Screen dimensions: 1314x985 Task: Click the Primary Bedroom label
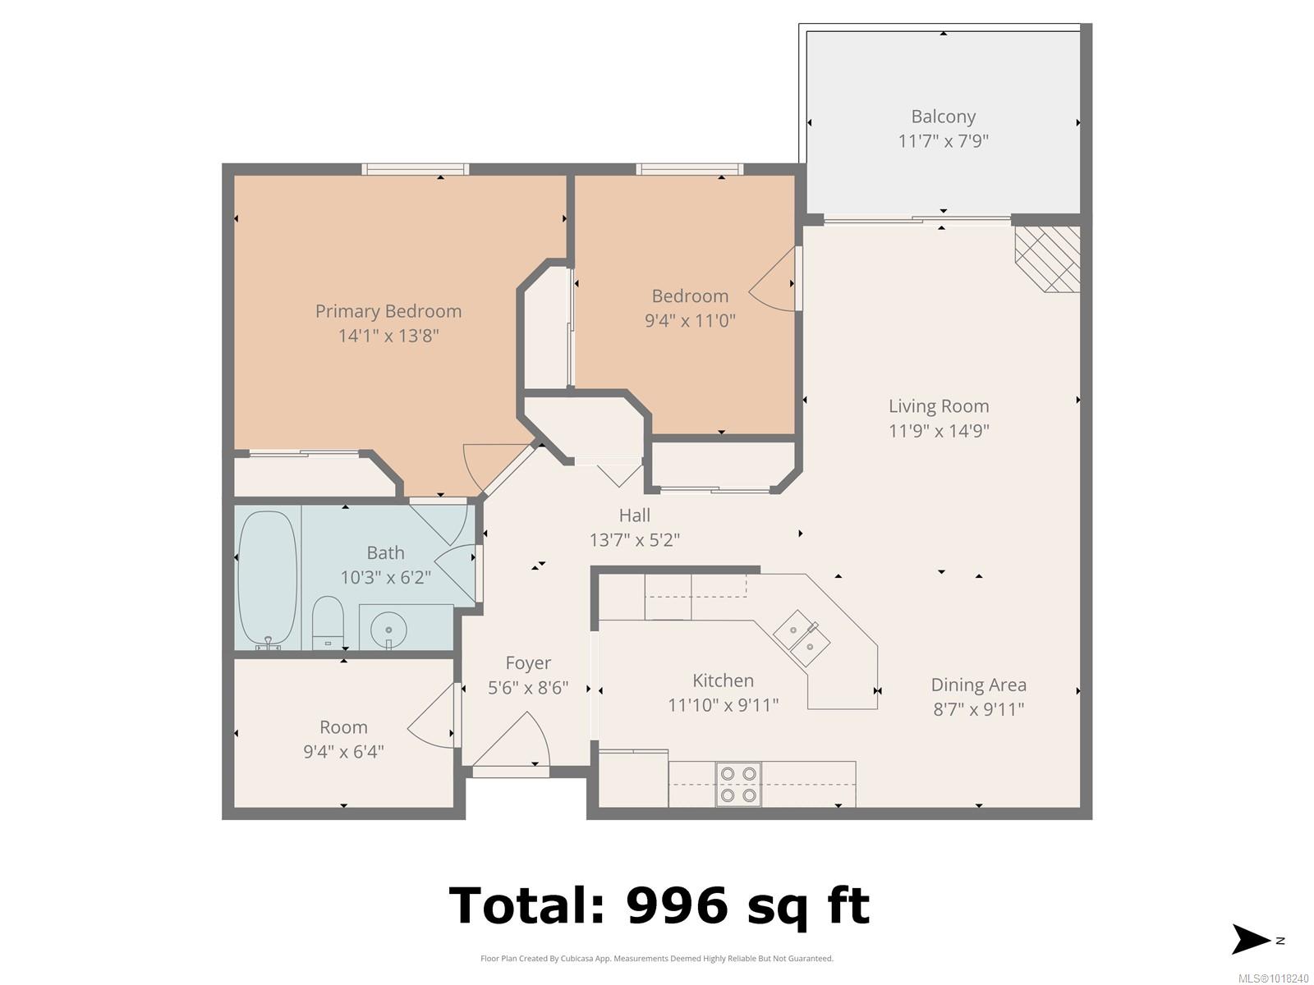[388, 312]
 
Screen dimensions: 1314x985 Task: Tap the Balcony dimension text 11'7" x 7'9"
[943, 141]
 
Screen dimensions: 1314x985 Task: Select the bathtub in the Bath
[268, 580]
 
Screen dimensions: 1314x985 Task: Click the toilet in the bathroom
[328, 622]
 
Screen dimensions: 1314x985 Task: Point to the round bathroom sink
[388, 629]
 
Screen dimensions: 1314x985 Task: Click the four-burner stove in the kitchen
[738, 784]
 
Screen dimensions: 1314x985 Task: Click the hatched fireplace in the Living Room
[1048, 259]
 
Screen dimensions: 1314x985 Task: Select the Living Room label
[938, 406]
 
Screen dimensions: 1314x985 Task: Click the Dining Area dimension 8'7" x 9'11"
[978, 709]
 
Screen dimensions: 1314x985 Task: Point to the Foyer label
[528, 662]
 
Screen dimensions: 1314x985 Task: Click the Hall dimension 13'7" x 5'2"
[635, 541]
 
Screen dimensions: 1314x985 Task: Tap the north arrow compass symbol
[1252, 940]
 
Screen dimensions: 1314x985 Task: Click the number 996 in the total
[677, 906]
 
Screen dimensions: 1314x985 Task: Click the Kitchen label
[723, 680]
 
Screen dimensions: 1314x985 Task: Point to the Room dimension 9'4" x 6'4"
[343, 752]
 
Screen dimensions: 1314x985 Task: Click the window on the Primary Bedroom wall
[416, 169]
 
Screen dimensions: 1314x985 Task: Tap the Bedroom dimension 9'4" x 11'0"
[690, 321]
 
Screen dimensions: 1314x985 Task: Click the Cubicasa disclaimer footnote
[657, 959]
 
